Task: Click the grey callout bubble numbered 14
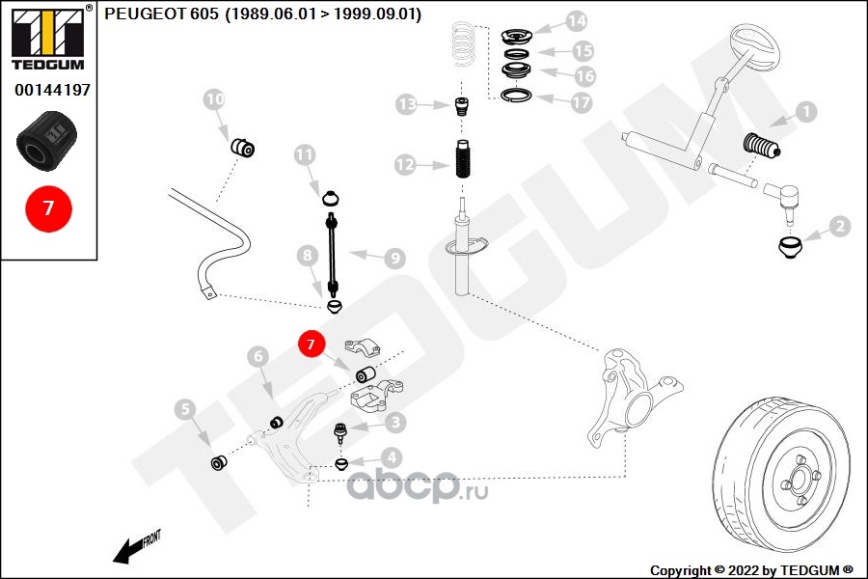(576, 20)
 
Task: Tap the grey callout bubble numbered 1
(804, 112)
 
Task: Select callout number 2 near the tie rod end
(839, 227)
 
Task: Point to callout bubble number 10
(214, 98)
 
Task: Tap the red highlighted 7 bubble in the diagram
(311, 344)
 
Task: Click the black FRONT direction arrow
(130, 549)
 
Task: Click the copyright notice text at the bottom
(751, 569)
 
